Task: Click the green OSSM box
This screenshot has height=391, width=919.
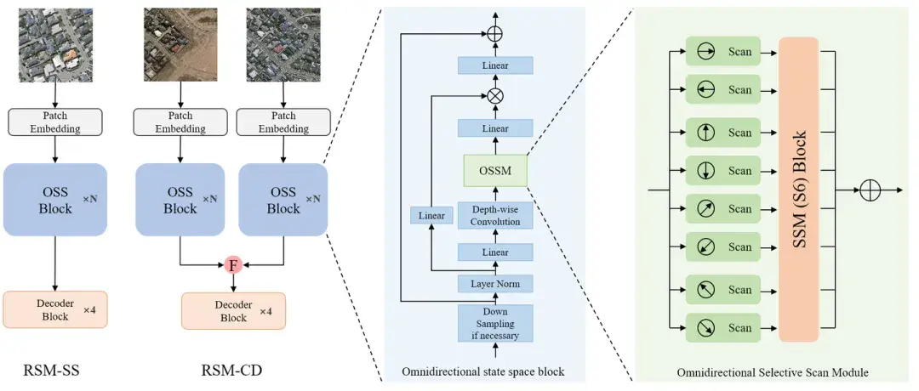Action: coord(495,170)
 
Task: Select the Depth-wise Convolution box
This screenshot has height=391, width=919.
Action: coord(495,216)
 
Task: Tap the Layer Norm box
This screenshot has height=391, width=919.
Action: coord(495,284)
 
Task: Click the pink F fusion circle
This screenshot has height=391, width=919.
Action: coord(233,265)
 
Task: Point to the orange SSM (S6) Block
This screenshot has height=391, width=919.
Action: coord(798,189)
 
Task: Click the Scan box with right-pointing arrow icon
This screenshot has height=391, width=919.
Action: coord(722,52)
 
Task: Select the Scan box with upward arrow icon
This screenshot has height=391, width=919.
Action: coord(722,133)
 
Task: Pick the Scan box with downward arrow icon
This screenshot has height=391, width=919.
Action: coord(722,170)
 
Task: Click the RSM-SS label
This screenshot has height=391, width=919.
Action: coord(51,371)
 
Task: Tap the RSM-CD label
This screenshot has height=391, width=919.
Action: coord(231,371)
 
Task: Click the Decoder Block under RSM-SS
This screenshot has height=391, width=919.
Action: coord(55,309)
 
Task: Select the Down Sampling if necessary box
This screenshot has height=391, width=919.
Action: coord(495,323)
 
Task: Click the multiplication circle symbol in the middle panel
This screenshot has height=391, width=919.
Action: coord(495,96)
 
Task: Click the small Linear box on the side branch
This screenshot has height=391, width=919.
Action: coord(432,215)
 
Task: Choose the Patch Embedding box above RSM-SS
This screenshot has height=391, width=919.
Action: coord(55,121)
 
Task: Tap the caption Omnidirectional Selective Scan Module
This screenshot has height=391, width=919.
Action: coord(773,372)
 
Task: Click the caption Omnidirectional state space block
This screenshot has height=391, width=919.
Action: coord(483,371)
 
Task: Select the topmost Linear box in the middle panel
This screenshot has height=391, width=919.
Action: coord(495,65)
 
